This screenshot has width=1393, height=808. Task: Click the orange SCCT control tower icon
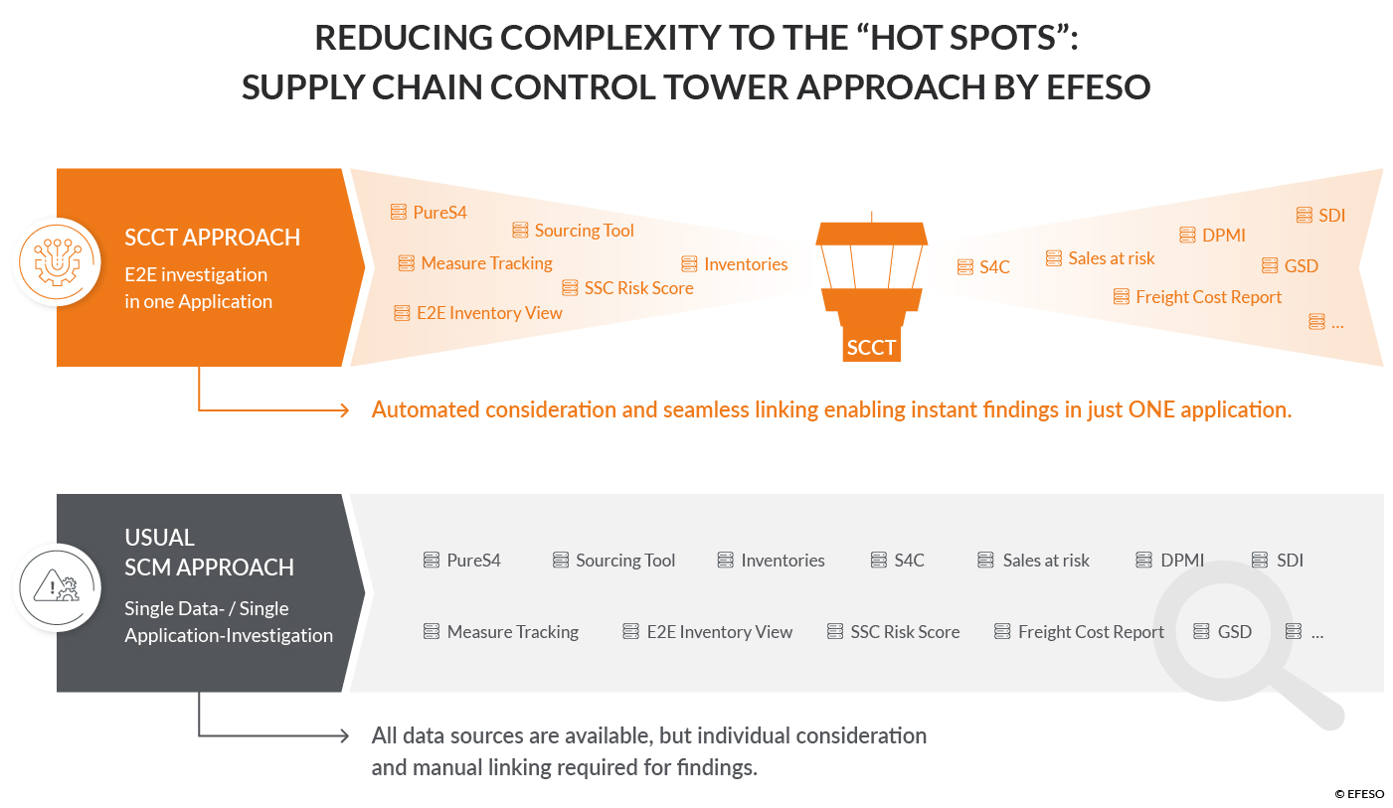(871, 286)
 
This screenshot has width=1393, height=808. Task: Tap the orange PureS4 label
(439, 213)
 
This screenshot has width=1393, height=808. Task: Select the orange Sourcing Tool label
(584, 231)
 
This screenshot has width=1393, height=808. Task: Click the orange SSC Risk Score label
(638, 288)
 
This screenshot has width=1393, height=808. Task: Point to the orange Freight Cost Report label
(1208, 297)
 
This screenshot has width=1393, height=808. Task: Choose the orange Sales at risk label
(1112, 258)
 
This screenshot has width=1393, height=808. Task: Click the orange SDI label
(1331, 216)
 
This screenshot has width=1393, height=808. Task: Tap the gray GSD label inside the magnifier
(1235, 632)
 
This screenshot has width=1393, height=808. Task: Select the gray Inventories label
(783, 561)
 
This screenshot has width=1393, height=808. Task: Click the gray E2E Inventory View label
(720, 632)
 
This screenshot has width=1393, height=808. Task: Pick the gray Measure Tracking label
(512, 632)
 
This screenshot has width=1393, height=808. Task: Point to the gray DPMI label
(1182, 561)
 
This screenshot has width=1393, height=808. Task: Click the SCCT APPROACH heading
(212, 238)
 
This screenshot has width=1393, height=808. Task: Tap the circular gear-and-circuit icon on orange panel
(58, 262)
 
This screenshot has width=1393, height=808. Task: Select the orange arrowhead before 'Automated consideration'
(343, 410)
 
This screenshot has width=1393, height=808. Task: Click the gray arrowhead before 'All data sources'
(343, 735)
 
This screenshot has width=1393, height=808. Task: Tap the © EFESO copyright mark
(1359, 794)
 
